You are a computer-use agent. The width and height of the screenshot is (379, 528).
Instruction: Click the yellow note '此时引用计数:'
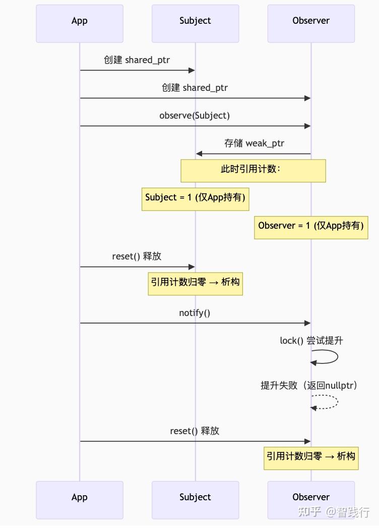tap(253, 171)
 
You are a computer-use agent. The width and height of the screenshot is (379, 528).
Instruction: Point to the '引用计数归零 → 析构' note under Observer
tap(311, 458)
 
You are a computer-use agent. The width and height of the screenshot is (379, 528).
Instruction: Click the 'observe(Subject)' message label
tap(195, 116)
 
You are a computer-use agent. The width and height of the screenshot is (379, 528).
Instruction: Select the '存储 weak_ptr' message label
tap(254, 143)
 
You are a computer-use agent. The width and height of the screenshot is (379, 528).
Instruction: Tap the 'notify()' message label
tap(195, 313)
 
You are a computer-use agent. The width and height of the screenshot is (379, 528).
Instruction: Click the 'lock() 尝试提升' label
tap(311, 341)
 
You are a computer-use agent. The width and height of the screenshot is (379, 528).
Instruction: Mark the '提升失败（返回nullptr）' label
tap(309, 386)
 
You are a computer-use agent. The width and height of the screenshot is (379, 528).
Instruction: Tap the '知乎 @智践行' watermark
tap(334, 512)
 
